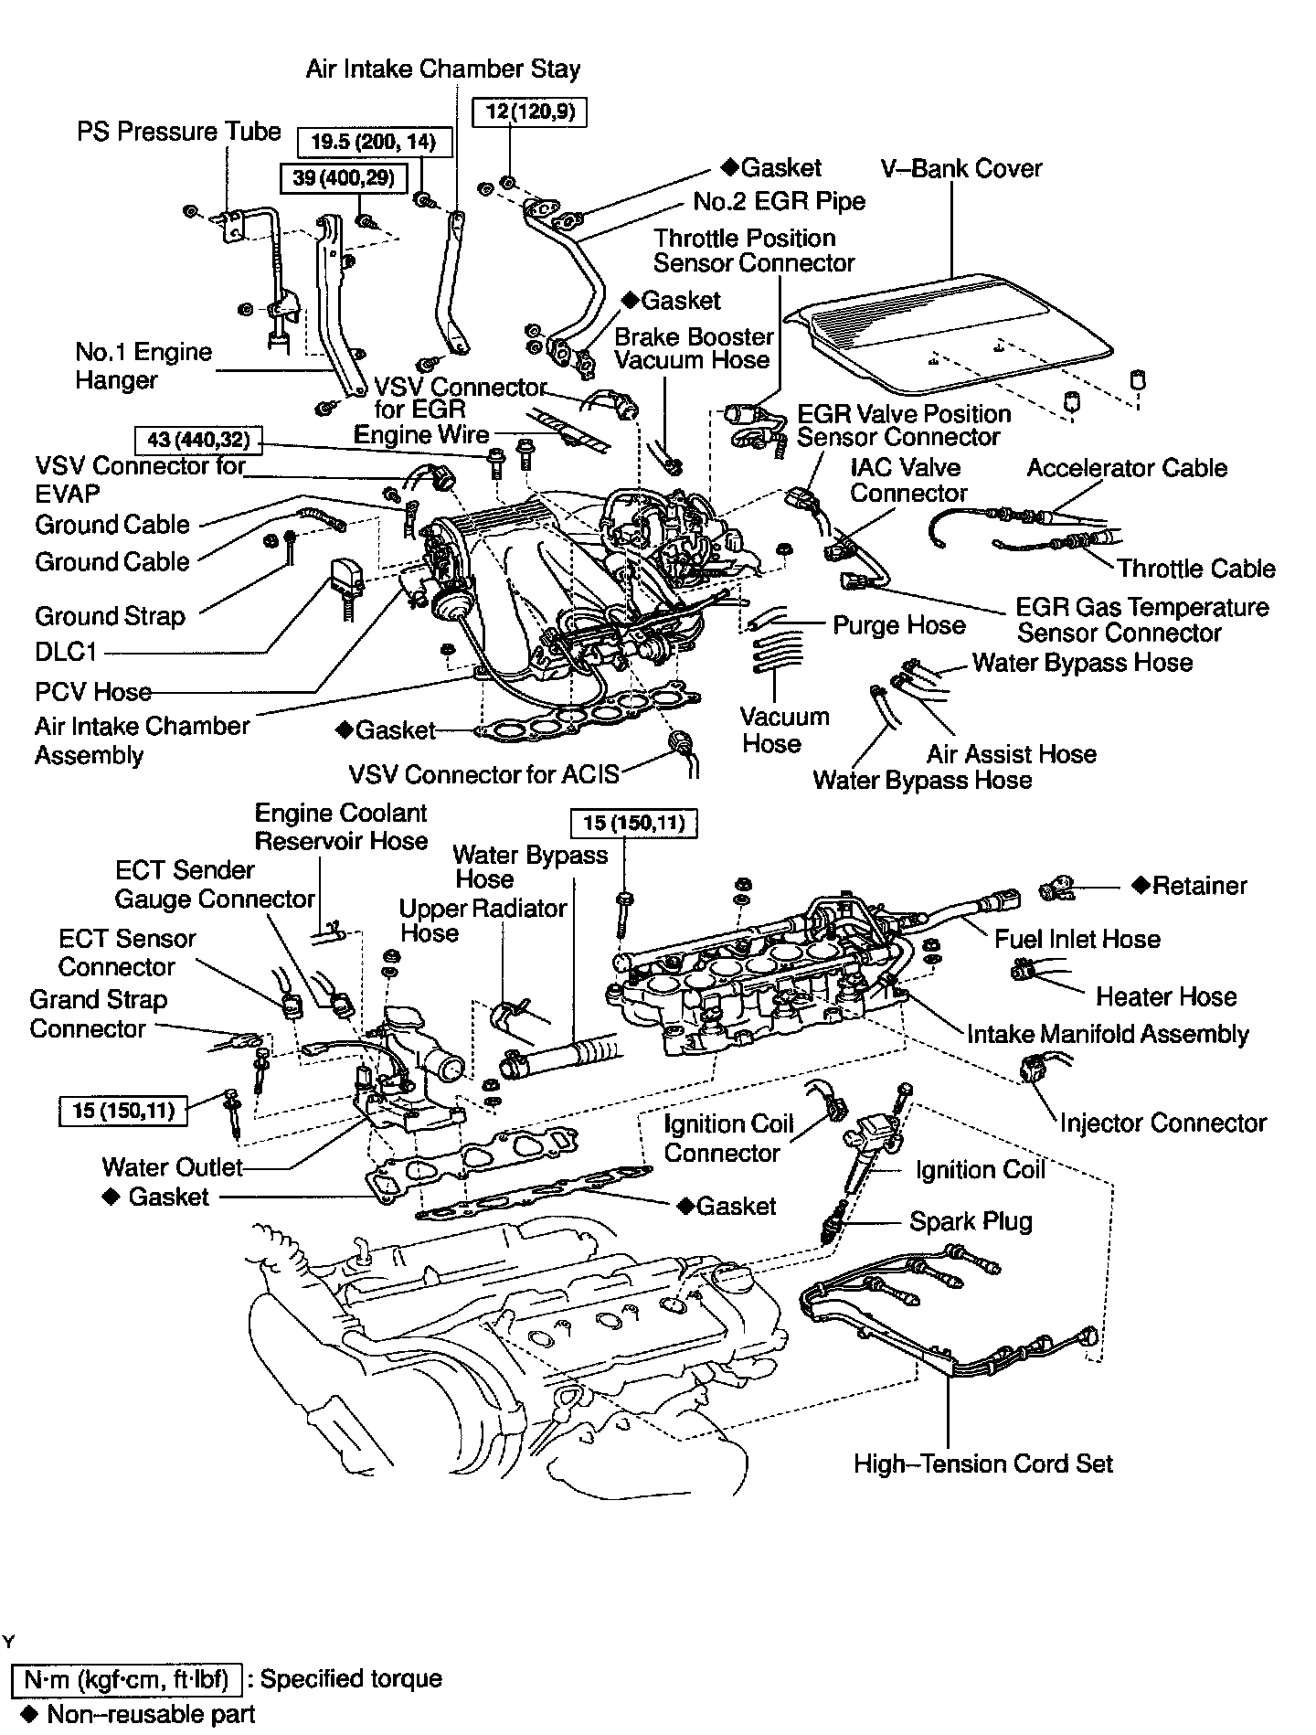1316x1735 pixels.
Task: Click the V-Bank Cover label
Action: point(960,168)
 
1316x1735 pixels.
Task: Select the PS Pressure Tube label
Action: point(178,132)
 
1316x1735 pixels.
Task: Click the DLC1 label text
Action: point(66,653)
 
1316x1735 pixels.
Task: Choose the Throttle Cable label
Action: point(1195,569)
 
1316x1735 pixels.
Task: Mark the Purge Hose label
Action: point(898,625)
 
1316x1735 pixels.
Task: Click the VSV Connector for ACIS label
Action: point(483,774)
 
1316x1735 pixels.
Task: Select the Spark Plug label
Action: point(971,1221)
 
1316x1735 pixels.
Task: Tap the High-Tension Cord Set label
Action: point(983,1464)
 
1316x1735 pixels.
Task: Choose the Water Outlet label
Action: point(172,1166)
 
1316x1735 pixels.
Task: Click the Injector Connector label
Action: point(1162,1123)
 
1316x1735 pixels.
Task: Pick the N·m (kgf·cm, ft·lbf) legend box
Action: point(126,1678)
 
